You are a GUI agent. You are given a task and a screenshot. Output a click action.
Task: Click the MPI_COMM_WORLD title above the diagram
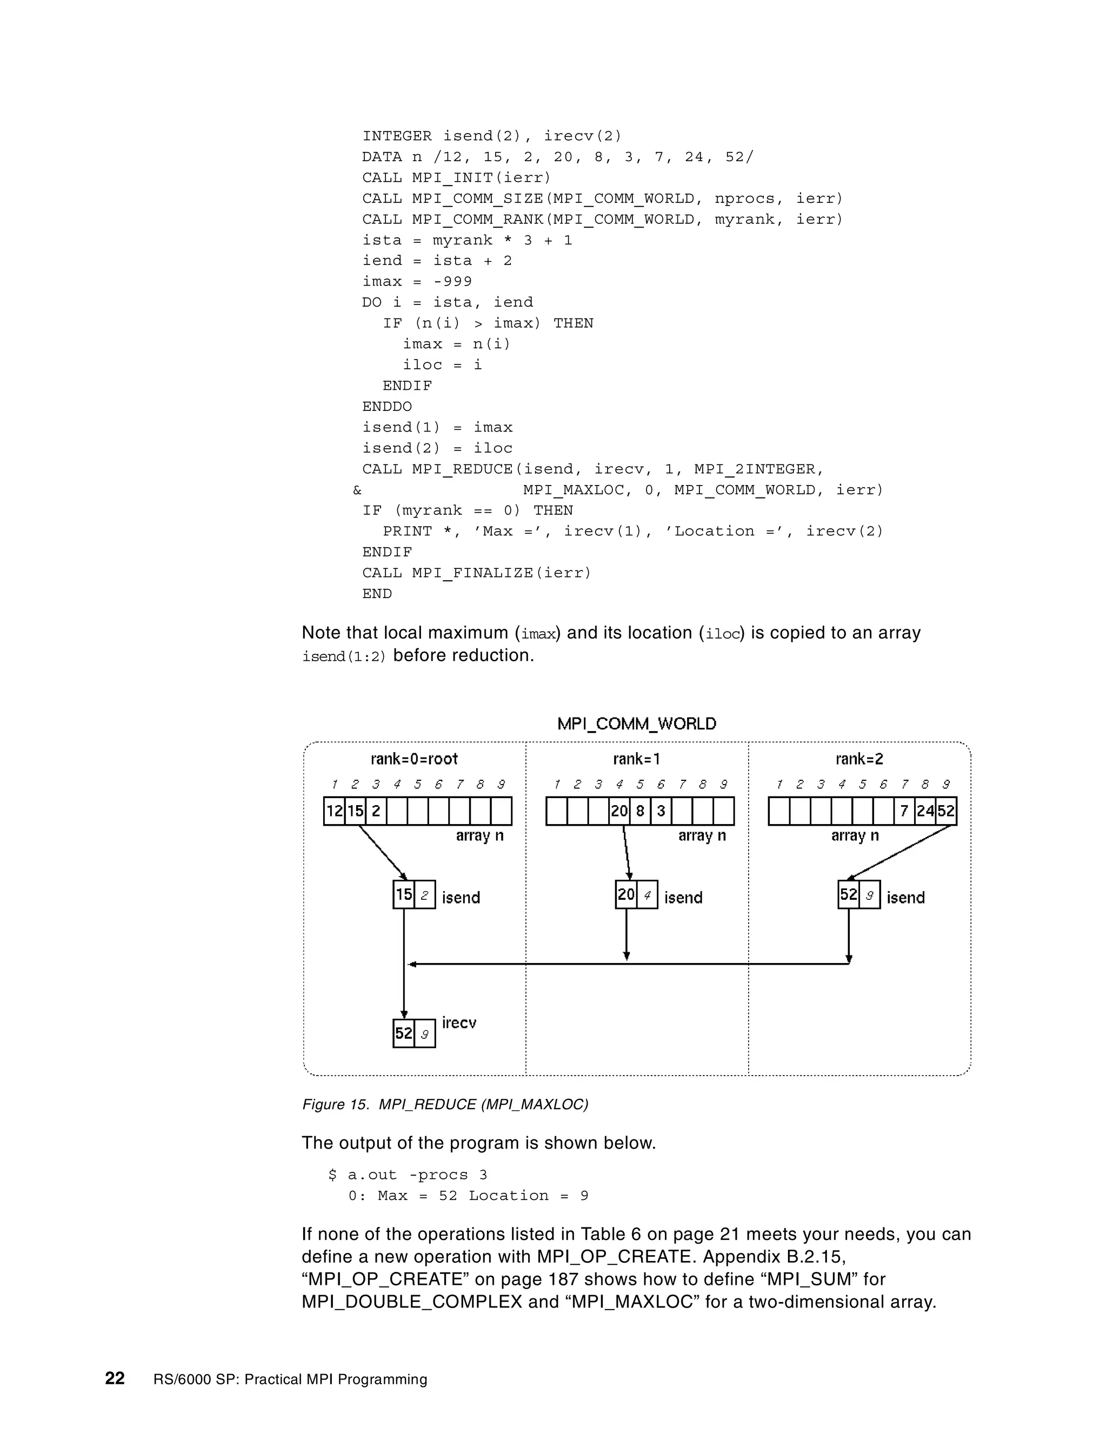636,724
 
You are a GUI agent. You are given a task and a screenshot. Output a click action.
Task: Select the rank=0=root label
414,759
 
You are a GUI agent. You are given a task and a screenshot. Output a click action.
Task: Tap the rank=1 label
636,759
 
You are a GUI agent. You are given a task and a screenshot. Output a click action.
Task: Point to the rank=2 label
859,759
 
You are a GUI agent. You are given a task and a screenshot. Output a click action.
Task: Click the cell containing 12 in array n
335,811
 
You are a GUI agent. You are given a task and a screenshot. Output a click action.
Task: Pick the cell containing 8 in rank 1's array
640,811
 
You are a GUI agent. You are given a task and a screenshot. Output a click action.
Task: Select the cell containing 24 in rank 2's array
925,811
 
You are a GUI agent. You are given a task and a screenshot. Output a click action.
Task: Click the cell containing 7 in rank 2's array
904,811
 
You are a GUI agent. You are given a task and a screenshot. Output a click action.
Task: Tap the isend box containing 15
404,894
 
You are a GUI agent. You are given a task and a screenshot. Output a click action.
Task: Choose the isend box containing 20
626,894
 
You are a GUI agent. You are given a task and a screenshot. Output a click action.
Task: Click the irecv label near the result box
458,1023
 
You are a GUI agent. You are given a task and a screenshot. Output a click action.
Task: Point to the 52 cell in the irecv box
404,1033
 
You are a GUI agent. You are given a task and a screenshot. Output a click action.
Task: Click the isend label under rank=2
906,898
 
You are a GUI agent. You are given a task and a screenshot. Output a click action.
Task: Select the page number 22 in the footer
115,1378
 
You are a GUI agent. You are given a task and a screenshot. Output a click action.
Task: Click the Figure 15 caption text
445,1104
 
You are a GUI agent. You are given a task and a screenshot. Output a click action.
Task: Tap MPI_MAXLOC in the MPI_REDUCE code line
573,490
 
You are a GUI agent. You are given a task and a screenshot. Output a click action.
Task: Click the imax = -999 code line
417,282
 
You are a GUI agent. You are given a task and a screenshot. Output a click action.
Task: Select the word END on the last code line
377,594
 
